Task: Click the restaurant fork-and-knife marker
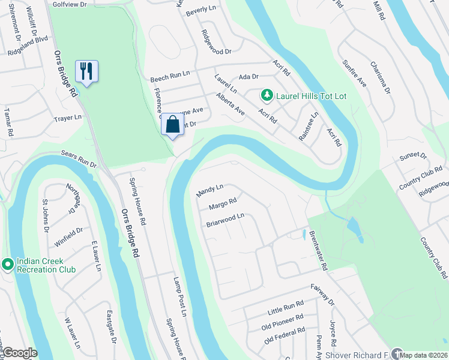87,72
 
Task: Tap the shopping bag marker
173,125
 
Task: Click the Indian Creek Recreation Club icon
8,264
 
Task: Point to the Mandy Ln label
209,191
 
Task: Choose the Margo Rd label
222,205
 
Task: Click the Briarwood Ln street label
226,220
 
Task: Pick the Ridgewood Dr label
216,42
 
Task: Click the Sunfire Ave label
354,73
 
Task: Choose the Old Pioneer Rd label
283,323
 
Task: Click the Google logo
19,353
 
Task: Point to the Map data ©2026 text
424,355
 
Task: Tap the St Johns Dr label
45,217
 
